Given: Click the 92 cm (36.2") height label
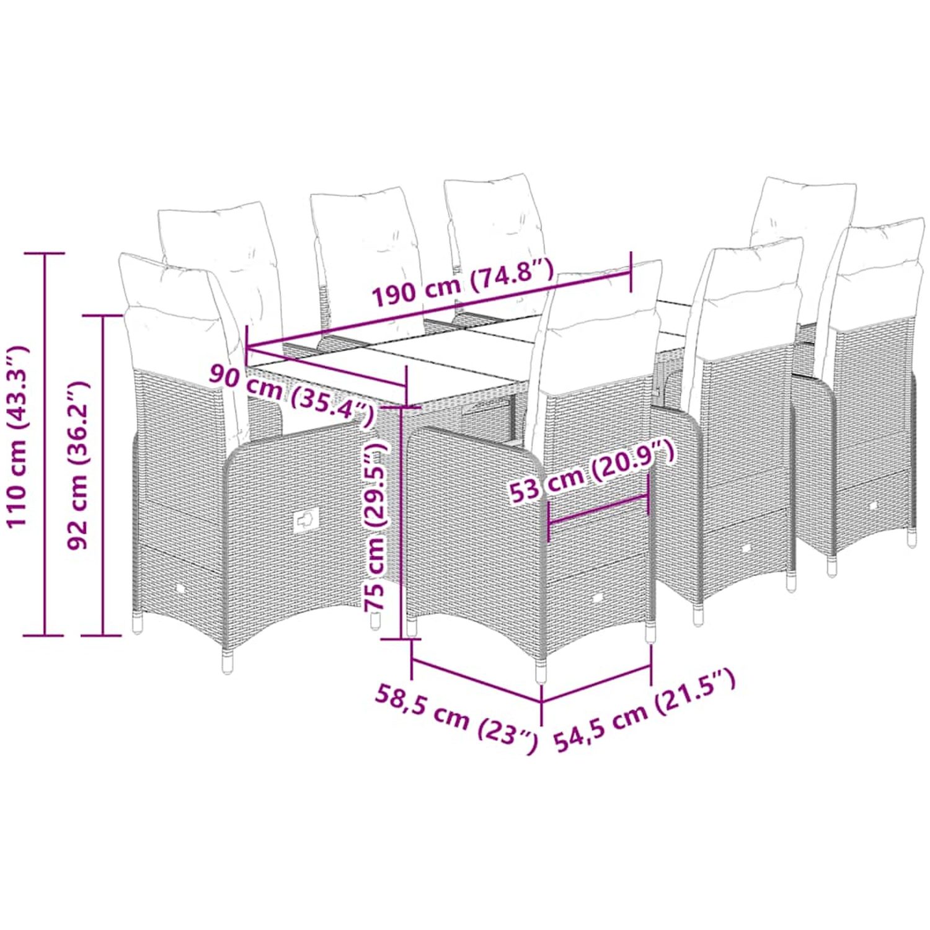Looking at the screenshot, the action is pos(78,465).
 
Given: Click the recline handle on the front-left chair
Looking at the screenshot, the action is pos(305,520).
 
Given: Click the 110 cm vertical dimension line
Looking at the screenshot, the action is pos(45,444).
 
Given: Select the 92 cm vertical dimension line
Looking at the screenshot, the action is pos(102,475).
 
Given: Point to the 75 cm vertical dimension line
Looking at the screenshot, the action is pos(402,523).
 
